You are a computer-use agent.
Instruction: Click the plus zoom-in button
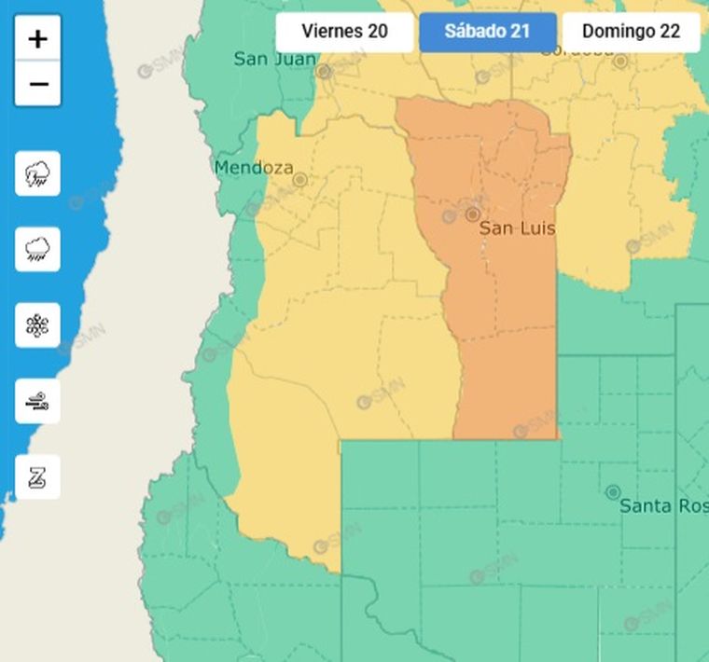38,39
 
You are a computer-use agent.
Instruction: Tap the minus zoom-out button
38,84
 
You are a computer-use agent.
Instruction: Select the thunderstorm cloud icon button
38,173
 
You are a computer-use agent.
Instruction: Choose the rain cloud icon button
38,249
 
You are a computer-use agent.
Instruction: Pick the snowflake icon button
38,325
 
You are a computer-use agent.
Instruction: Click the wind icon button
38,402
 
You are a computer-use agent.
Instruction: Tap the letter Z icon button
38,477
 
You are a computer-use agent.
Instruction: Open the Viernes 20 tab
344,32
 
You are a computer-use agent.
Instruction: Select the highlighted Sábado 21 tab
487,32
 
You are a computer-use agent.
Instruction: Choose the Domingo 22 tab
631,32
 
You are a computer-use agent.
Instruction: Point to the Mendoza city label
253,169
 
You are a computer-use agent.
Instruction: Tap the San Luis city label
517,228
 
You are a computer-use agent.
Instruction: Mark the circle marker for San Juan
324,71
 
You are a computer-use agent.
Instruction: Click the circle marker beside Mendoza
300,180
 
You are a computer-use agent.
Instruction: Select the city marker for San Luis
473,214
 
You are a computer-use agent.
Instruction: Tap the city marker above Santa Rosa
613,491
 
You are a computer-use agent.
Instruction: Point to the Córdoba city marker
620,61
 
